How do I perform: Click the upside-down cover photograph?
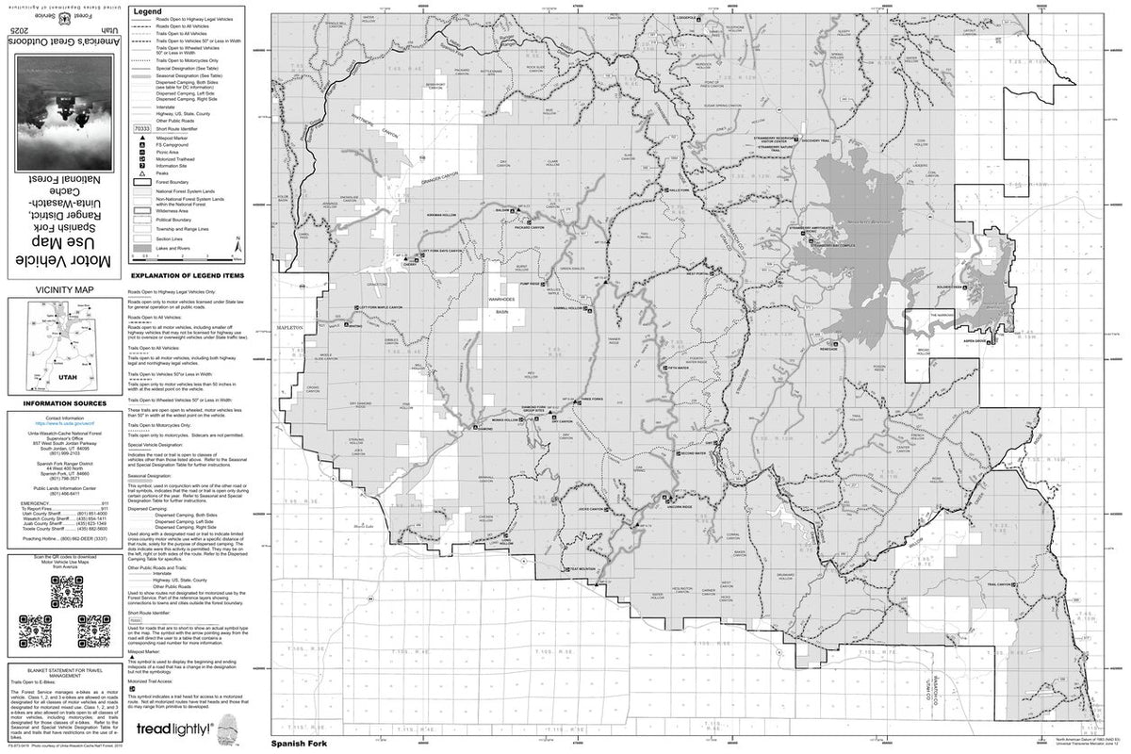coord(63,110)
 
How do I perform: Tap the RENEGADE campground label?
coord(828,348)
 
